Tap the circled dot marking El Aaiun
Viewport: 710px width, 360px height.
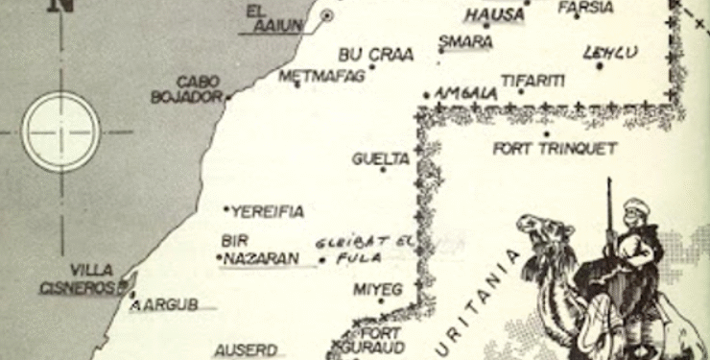click(x=327, y=14)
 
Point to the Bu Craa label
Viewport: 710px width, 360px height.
click(x=376, y=56)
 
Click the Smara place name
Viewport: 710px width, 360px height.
click(x=465, y=42)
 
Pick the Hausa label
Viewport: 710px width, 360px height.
click(x=494, y=14)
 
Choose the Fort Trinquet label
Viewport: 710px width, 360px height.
click(x=555, y=149)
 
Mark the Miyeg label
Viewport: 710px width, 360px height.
click(x=378, y=289)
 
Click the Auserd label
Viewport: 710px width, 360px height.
click(x=245, y=350)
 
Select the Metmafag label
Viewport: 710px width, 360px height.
click(x=321, y=75)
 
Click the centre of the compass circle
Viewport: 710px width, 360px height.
click(x=61, y=129)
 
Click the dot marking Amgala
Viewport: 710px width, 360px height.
click(x=426, y=94)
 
